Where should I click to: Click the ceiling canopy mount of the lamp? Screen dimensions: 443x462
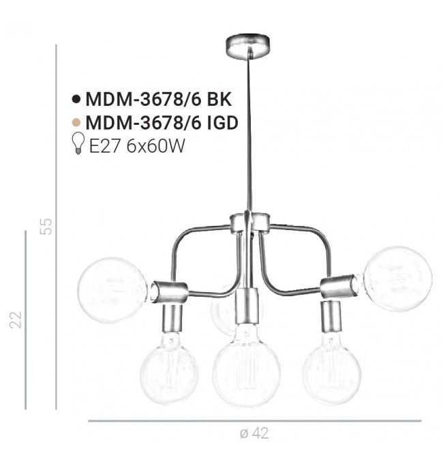(x=247, y=46)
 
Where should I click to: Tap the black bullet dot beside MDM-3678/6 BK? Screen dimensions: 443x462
(x=76, y=100)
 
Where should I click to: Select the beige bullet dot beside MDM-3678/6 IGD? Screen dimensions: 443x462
(x=76, y=122)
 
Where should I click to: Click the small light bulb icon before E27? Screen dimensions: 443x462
(x=78, y=143)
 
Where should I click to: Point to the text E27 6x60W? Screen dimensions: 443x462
(x=137, y=145)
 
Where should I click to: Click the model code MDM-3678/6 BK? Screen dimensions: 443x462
(x=158, y=100)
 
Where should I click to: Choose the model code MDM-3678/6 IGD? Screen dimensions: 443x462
(x=162, y=122)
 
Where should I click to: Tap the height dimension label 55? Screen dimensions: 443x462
(x=46, y=227)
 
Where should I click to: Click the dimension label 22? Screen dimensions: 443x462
(x=15, y=319)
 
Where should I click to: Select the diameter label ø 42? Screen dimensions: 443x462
(x=254, y=433)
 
